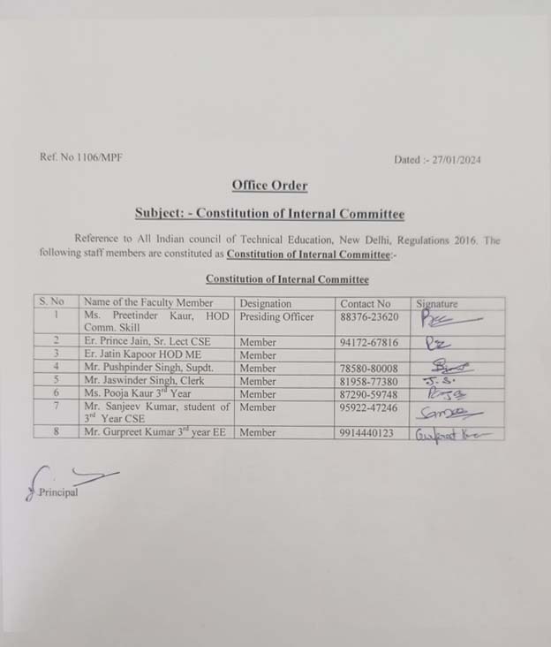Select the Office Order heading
[x=270, y=186]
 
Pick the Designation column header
[x=266, y=303]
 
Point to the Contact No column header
[x=366, y=303]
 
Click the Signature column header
[x=437, y=303]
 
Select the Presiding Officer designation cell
[x=276, y=316]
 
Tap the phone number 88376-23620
[x=369, y=316]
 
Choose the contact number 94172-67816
[x=369, y=342]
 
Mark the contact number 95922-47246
[x=369, y=407]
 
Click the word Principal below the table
[x=58, y=492]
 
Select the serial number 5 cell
[x=56, y=381]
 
